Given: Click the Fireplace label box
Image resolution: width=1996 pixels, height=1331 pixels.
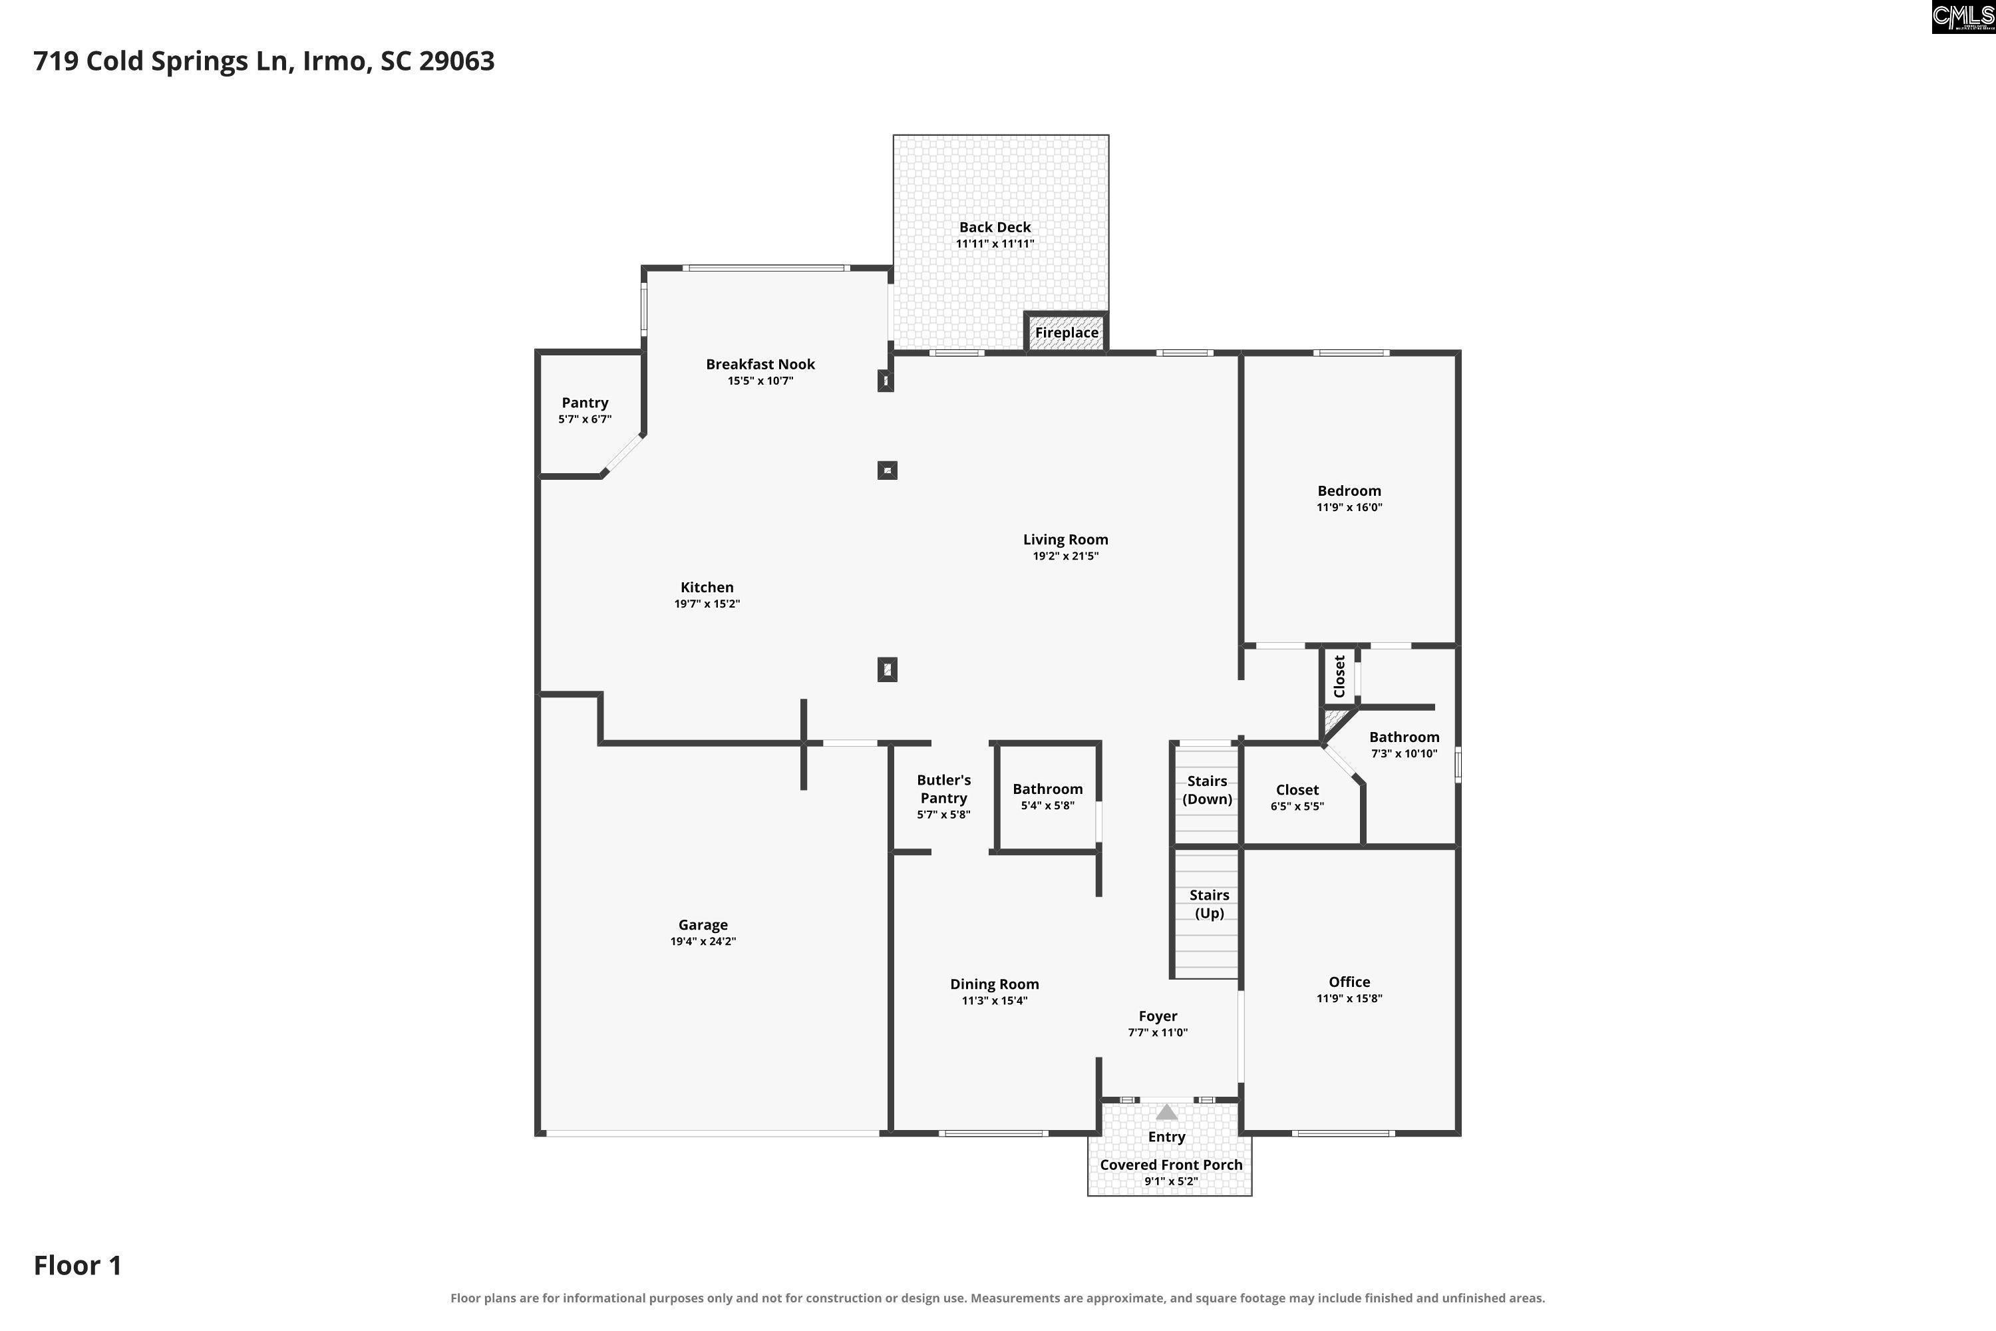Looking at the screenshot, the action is click(1067, 333).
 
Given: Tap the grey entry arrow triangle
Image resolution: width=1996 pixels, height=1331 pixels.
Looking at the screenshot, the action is click(1167, 1112).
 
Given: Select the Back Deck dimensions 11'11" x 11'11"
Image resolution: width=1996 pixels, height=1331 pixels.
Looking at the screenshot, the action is click(995, 244).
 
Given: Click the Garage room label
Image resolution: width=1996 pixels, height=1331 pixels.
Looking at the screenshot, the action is click(703, 925).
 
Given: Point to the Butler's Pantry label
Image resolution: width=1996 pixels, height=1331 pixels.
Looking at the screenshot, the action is click(943, 789).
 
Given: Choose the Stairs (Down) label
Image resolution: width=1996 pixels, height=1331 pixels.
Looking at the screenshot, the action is click(1208, 789).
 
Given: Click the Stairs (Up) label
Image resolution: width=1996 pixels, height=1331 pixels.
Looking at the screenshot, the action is click(1210, 904).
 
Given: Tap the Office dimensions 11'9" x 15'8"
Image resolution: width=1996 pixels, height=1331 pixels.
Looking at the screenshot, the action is click(1349, 998).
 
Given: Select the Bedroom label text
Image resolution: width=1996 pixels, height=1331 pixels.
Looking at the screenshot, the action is click(1349, 490).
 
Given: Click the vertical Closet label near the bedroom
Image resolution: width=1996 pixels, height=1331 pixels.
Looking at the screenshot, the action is click(1339, 677).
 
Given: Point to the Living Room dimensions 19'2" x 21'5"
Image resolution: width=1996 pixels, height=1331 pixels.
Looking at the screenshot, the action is click(1066, 556).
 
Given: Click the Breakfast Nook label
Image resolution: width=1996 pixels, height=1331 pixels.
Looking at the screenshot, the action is click(760, 364).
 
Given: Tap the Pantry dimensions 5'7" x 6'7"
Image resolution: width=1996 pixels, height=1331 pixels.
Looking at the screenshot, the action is click(585, 419).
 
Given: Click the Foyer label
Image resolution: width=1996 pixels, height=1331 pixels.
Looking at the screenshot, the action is click(1158, 1016).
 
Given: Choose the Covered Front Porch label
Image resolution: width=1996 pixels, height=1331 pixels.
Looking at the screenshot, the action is click(1171, 1165).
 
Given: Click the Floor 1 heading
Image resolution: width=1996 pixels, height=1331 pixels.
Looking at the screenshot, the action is click(78, 1266).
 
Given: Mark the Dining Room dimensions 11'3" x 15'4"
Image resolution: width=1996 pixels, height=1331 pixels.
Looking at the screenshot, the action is click(995, 1001).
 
